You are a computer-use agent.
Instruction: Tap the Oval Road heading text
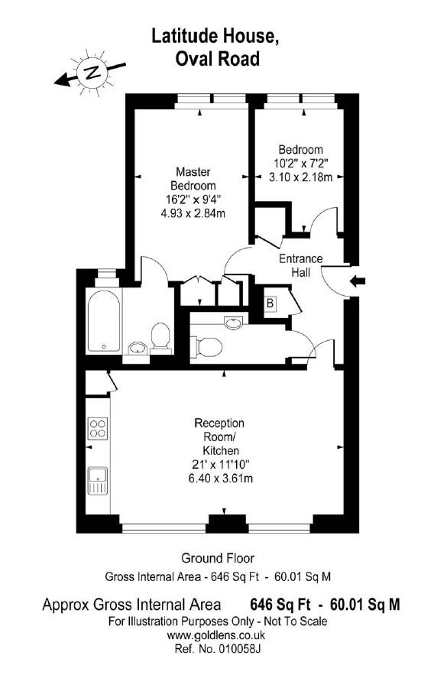pyautogui.click(x=216, y=58)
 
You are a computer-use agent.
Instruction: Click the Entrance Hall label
pyautogui.click(x=300, y=265)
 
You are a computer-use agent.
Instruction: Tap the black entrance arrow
pyautogui.click(x=357, y=282)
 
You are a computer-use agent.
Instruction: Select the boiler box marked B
pyautogui.click(x=269, y=303)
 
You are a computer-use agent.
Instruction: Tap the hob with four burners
pyautogui.click(x=98, y=428)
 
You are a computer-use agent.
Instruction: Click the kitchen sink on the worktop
pyautogui.click(x=98, y=482)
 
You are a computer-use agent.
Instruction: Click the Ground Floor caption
pyautogui.click(x=217, y=558)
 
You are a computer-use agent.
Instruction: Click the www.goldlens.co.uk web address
pyautogui.click(x=216, y=634)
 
